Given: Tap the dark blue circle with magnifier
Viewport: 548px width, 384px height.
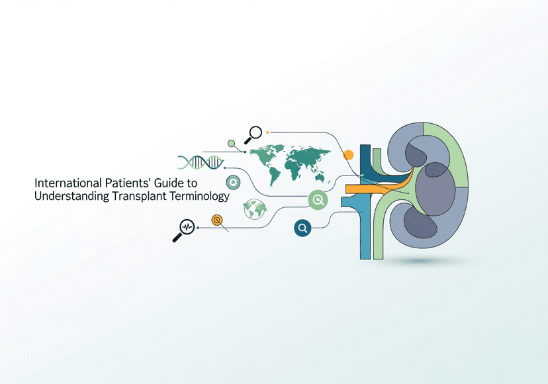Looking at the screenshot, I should click(x=303, y=228).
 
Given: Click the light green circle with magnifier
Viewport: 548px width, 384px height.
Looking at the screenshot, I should click(x=318, y=199).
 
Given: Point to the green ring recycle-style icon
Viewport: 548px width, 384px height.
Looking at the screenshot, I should click(x=232, y=182).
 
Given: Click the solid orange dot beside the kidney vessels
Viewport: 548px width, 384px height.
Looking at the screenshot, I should click(x=348, y=155).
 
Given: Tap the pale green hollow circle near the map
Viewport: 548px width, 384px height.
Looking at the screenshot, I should click(x=231, y=143).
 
